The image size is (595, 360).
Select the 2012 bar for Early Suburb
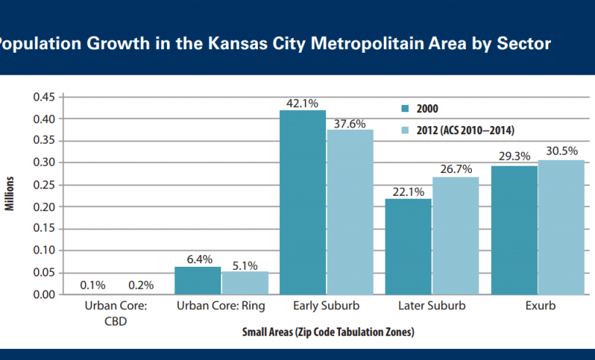pyautogui.click(x=350, y=212)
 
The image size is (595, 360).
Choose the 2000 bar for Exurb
pyautogui.click(x=514, y=230)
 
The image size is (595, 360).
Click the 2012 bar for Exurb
pyautogui.click(x=561, y=227)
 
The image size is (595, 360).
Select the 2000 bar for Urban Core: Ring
pyautogui.click(x=197, y=281)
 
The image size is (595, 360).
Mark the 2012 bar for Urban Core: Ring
pyautogui.click(x=244, y=283)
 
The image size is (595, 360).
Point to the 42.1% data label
pyautogui.click(x=303, y=102)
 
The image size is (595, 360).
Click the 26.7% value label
pyautogui.click(x=455, y=169)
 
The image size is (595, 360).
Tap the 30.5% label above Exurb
pyautogui.click(x=561, y=152)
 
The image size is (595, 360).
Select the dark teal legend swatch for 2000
pyautogui.click(x=404, y=109)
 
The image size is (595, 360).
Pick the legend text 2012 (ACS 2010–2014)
pyautogui.click(x=465, y=130)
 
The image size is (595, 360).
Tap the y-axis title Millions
pyautogui.click(x=10, y=194)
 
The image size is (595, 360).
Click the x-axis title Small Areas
pyautogui.click(x=328, y=332)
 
